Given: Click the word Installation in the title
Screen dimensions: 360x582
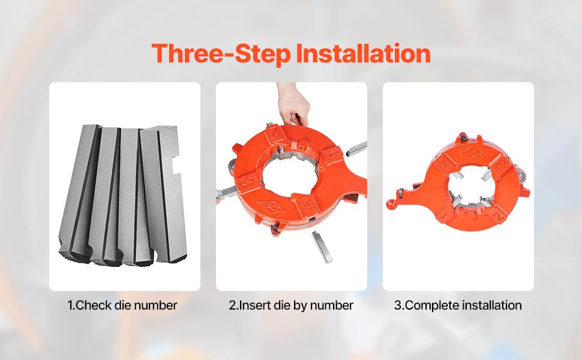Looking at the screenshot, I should [x=363, y=53].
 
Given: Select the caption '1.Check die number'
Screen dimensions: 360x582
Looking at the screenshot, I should [x=122, y=305].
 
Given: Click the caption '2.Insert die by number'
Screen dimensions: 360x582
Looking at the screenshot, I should [x=291, y=305].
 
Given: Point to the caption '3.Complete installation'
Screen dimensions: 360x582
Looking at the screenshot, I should [x=458, y=305].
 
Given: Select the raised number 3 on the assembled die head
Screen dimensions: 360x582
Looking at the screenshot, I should [x=499, y=164].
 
